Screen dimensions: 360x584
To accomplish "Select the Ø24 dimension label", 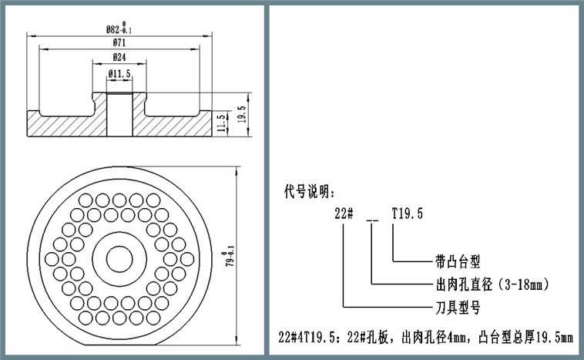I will [119, 58].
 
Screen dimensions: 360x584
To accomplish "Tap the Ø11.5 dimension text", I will [119, 74].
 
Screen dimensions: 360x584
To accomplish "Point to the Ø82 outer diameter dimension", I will [119, 28].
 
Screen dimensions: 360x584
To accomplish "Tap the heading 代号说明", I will [310, 190].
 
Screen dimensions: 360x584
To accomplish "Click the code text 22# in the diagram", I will [343, 214].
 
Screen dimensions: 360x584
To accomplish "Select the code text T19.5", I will [408, 214].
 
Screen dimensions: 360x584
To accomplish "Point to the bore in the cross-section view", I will [119, 116].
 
